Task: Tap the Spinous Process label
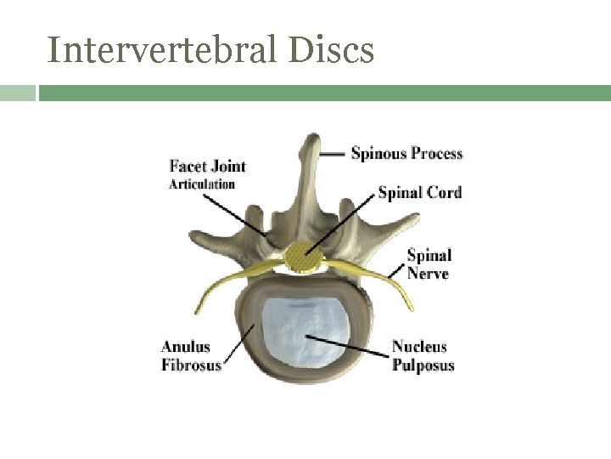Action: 406,154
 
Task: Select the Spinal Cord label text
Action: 419,192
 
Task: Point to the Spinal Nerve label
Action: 429,263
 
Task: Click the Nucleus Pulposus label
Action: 422,356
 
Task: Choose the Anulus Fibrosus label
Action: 191,356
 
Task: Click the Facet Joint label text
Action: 207,165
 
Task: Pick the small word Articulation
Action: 202,184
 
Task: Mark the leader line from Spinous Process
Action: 334,154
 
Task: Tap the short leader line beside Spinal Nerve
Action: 396,270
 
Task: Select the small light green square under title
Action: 18,93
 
